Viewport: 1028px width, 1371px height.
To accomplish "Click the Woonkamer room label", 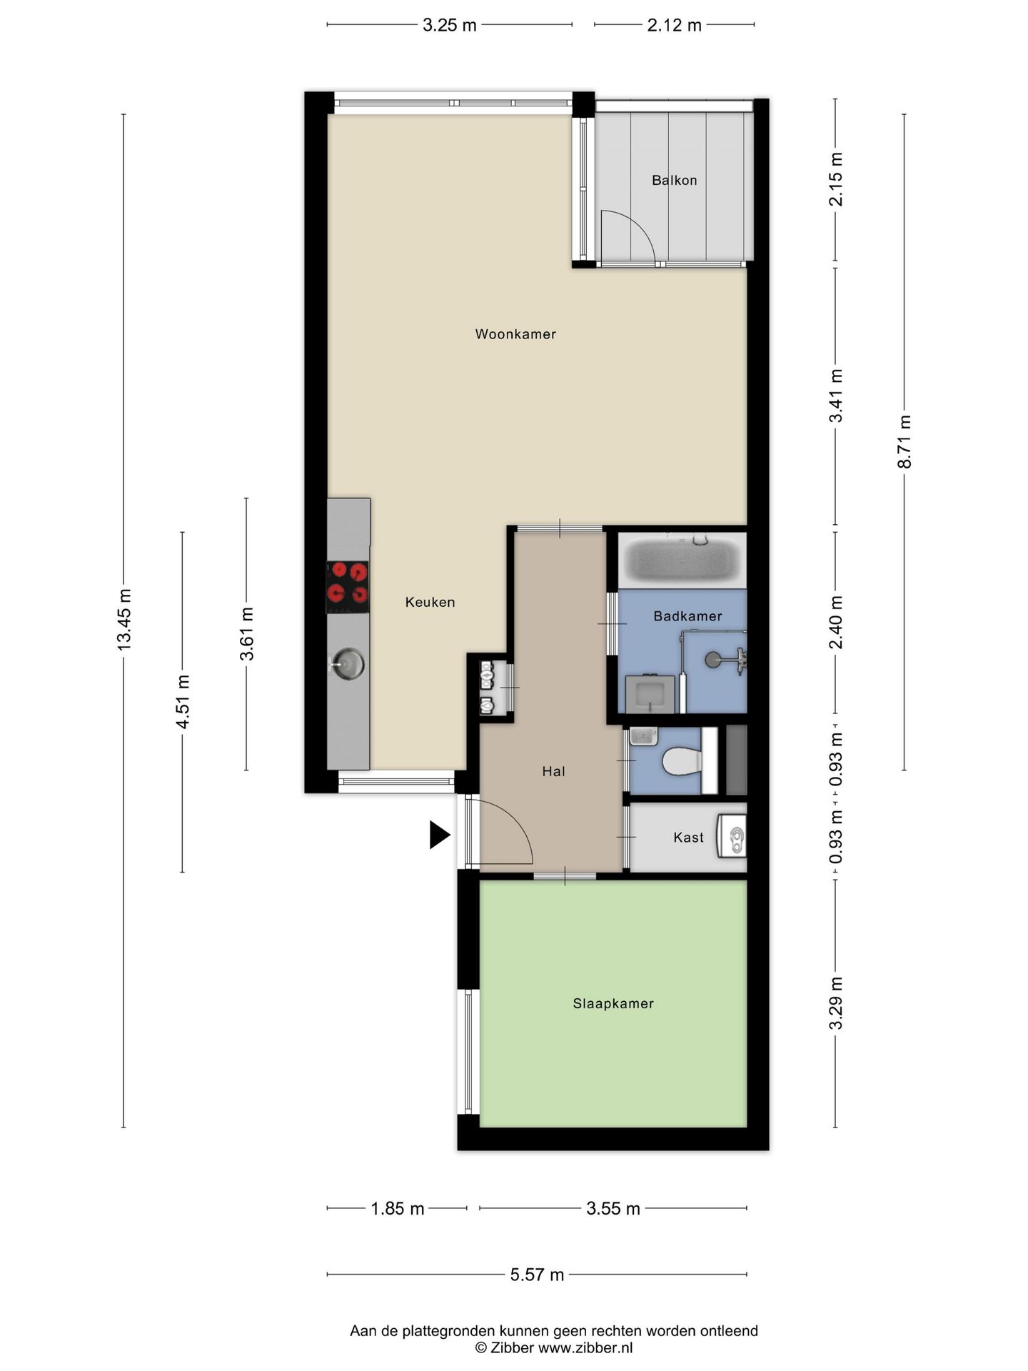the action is [x=515, y=334].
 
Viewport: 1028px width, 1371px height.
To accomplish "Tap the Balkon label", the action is [x=674, y=181].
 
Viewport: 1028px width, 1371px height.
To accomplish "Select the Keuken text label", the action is [x=430, y=602].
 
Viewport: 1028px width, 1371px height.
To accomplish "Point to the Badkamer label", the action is [x=687, y=616].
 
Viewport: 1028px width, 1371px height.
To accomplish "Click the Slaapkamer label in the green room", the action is [x=613, y=1003].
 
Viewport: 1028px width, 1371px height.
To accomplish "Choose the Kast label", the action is [x=688, y=838].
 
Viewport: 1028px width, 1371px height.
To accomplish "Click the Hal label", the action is [x=553, y=771].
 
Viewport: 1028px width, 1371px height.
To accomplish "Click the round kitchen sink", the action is [x=348, y=664].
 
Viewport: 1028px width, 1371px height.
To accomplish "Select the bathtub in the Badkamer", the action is [x=682, y=559].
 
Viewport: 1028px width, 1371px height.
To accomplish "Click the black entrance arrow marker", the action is [x=439, y=835].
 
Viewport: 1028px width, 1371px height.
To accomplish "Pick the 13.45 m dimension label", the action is [x=124, y=619].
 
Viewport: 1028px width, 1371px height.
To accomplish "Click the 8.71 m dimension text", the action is [x=904, y=441].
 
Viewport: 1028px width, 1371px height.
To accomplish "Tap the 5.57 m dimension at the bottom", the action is [x=537, y=1275].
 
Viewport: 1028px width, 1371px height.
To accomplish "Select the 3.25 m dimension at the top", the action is [x=450, y=25].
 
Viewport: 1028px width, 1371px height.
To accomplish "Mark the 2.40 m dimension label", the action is [x=836, y=622].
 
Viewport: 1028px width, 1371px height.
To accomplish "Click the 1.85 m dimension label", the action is [x=398, y=1209].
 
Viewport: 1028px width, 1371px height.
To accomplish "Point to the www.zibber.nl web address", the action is [x=585, y=1348].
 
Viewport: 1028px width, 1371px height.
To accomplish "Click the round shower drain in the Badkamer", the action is [x=713, y=660].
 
